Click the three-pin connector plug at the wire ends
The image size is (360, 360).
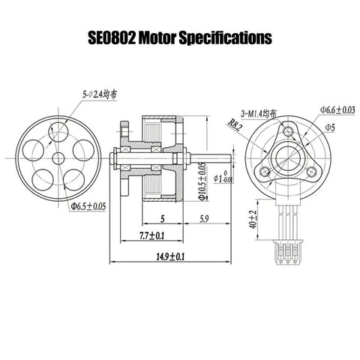tap(286, 255)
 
